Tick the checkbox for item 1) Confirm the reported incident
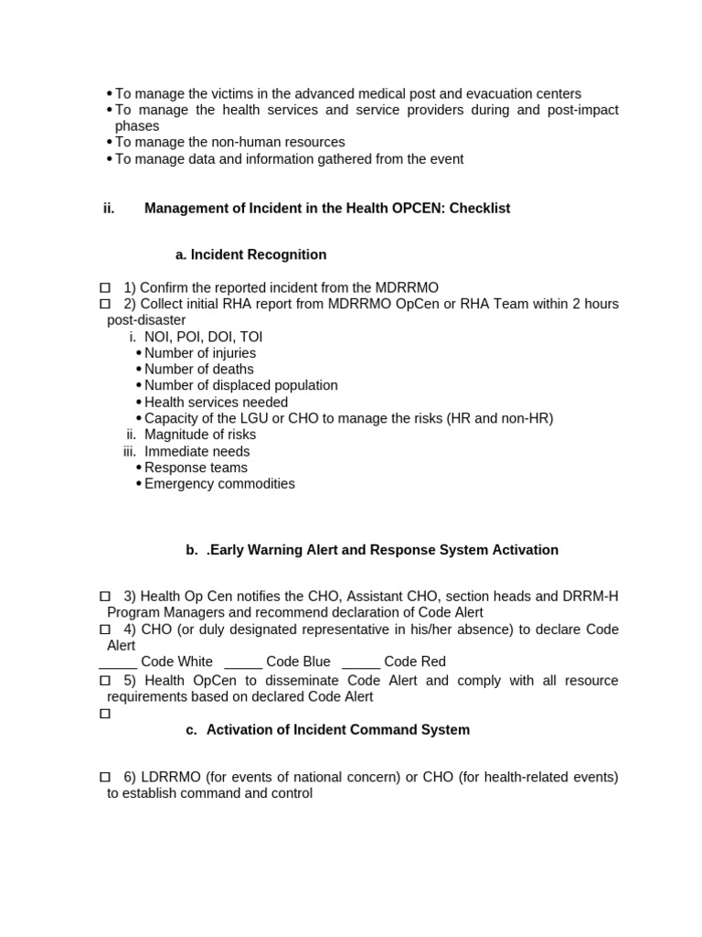coord(104,287)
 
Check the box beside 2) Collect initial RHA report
coord(104,304)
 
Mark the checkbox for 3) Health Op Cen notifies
coord(104,597)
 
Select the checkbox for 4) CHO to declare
coord(104,630)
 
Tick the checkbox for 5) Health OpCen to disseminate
coord(104,681)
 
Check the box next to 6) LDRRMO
coord(104,777)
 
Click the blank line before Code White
coord(118,662)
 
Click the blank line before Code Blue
coord(243,662)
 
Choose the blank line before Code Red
coord(361,662)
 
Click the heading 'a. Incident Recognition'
coord(250,254)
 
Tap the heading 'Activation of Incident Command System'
coord(338,730)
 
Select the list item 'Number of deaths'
coord(199,370)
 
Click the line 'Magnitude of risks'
coord(200,435)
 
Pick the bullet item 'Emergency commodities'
coord(219,484)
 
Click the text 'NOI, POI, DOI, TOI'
coord(203,337)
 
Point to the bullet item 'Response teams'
coord(196,468)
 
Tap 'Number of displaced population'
coord(241,386)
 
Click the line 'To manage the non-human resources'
coord(230,143)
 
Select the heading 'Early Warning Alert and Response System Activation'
coord(382,550)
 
